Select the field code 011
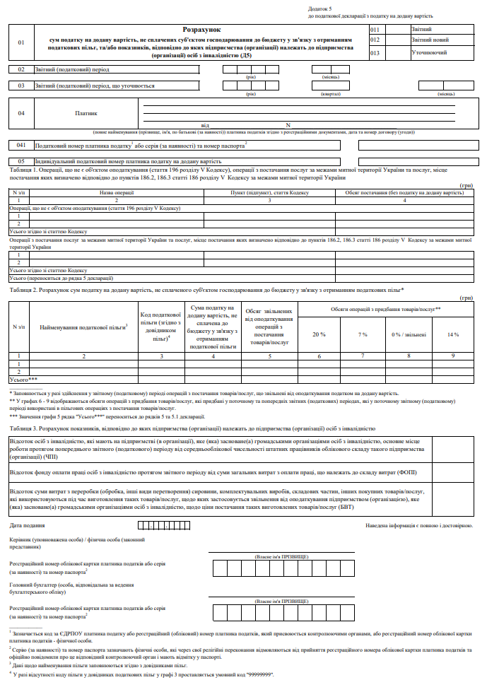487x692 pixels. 375,30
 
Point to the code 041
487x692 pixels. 21,145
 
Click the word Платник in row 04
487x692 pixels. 86,113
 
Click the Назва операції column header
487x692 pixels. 113,193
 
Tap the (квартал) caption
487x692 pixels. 330,93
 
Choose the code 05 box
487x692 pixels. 21,162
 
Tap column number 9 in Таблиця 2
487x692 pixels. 453,356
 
